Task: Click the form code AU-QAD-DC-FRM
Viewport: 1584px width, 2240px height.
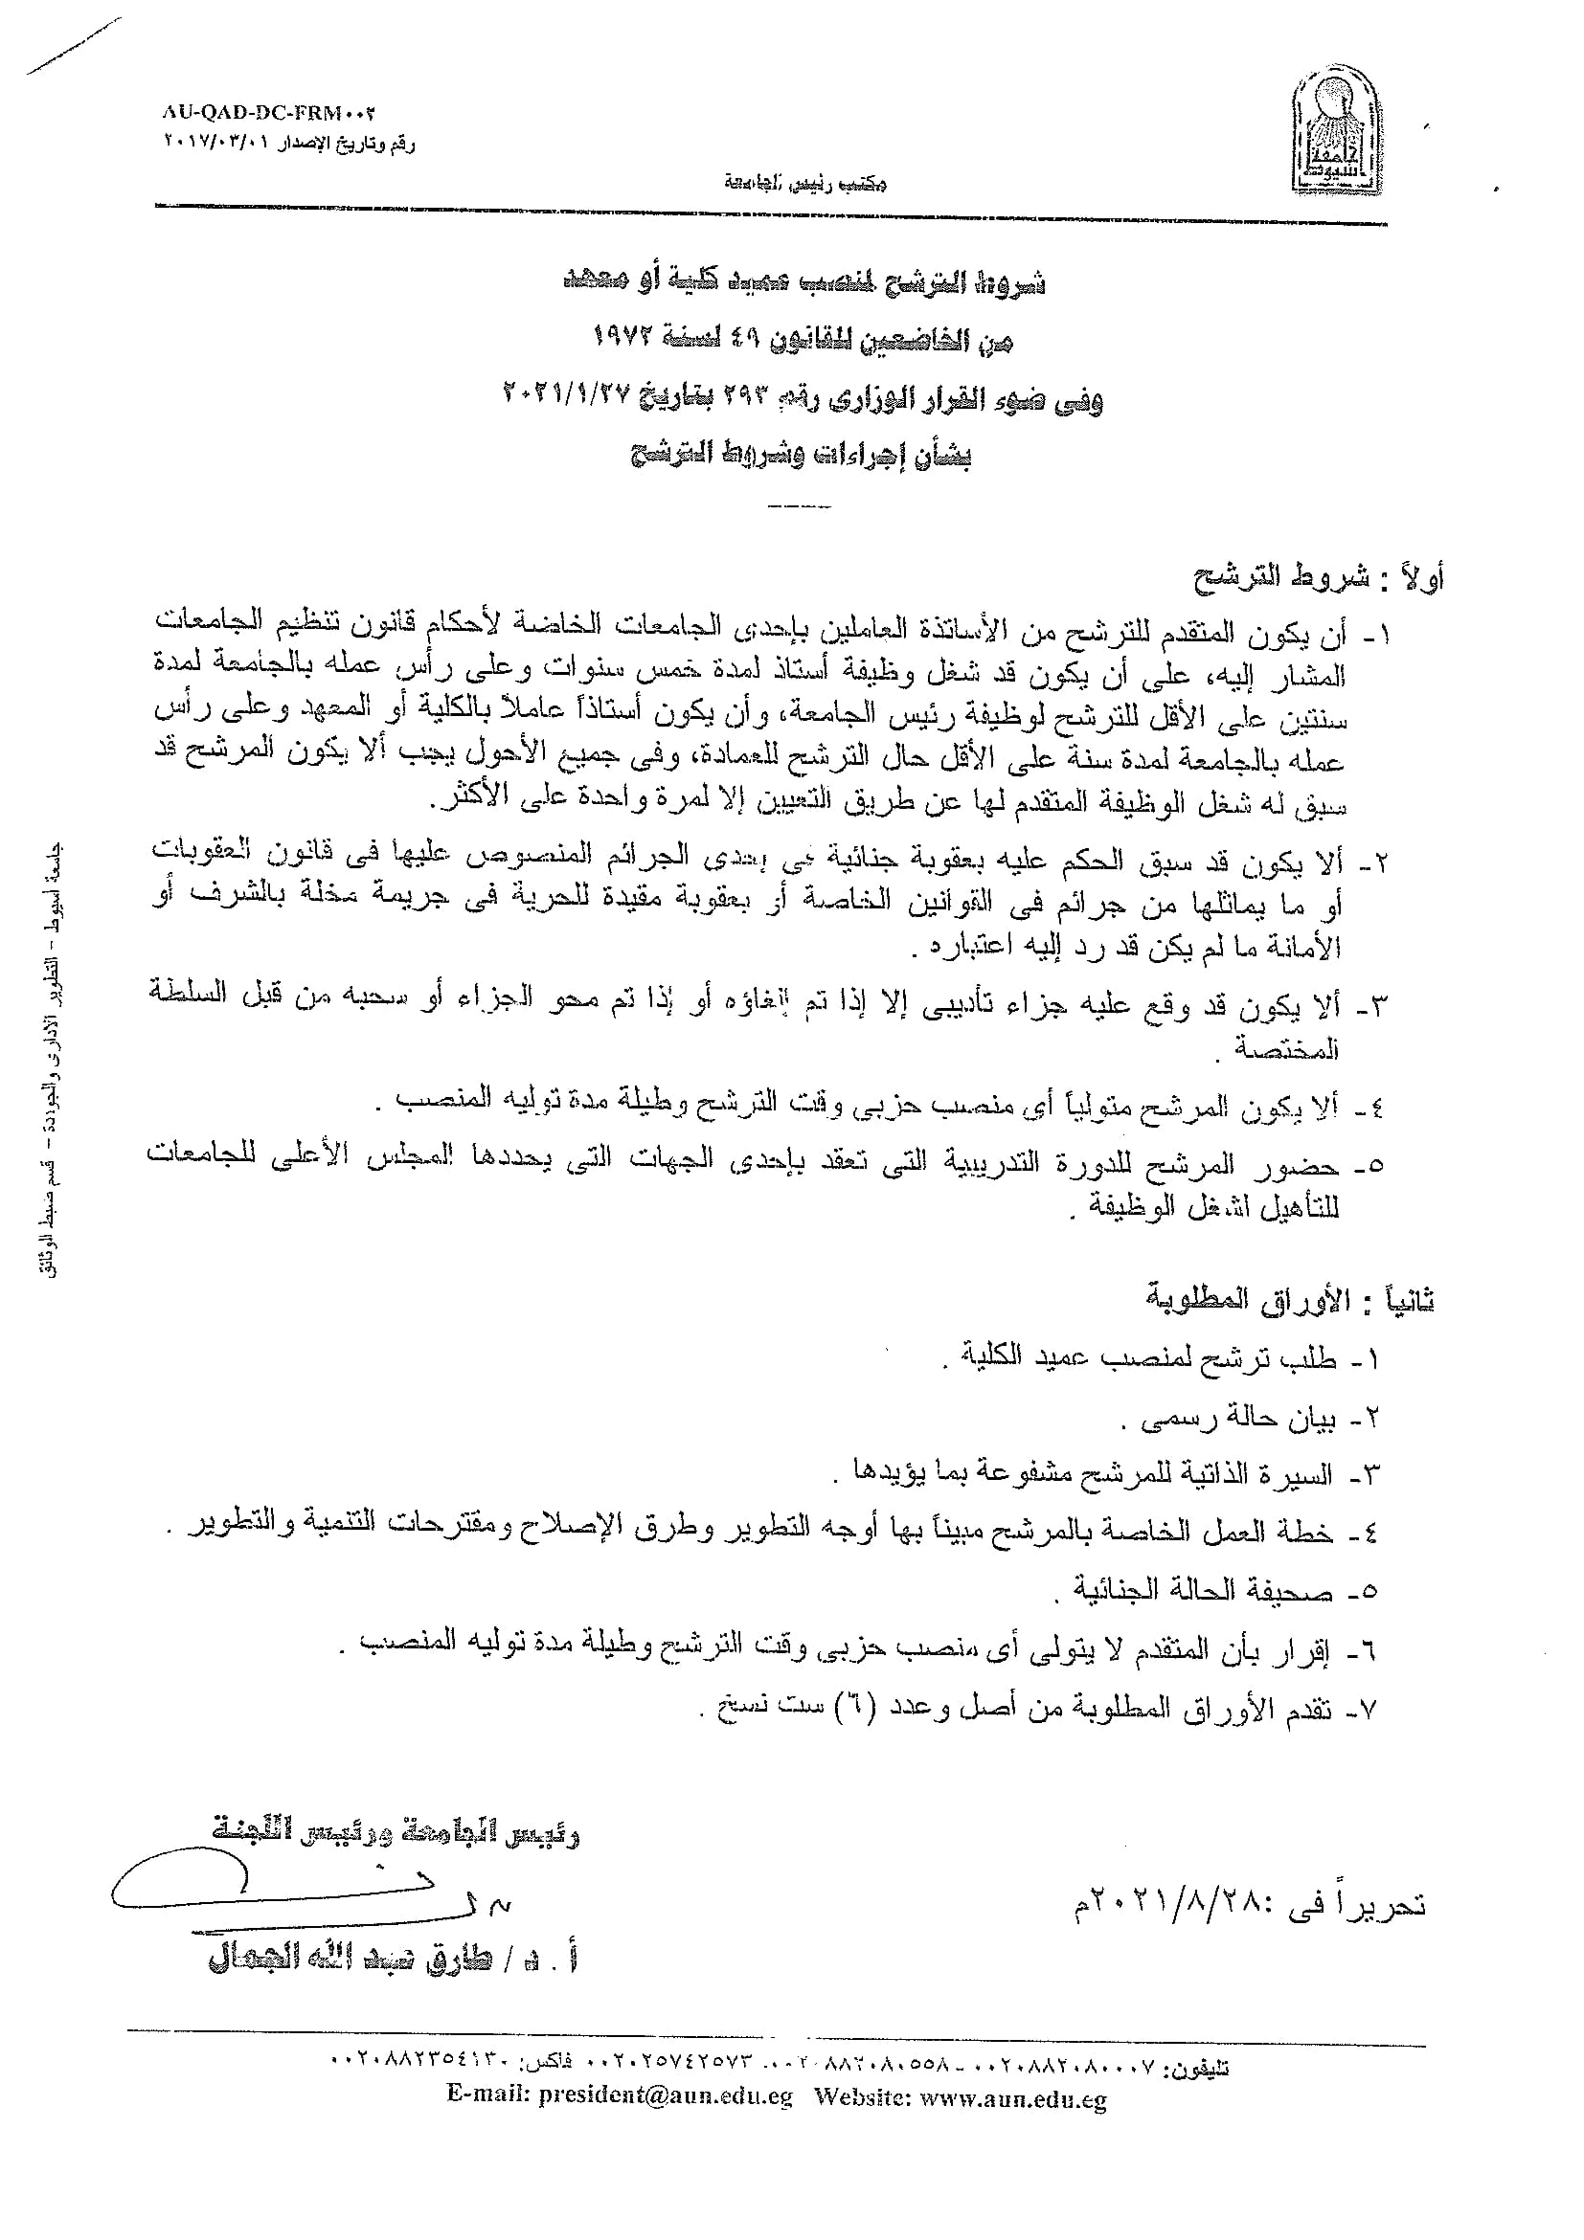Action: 268,113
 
